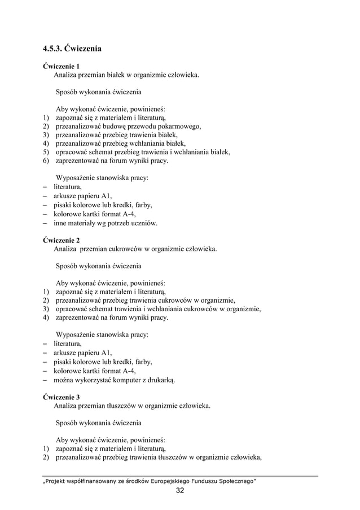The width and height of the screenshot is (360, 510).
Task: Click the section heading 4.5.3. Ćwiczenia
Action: coord(73,49)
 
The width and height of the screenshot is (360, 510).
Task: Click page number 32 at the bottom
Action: coord(180,490)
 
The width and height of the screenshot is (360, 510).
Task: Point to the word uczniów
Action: coord(144,223)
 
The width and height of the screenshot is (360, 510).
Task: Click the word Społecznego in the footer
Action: coord(234,480)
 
